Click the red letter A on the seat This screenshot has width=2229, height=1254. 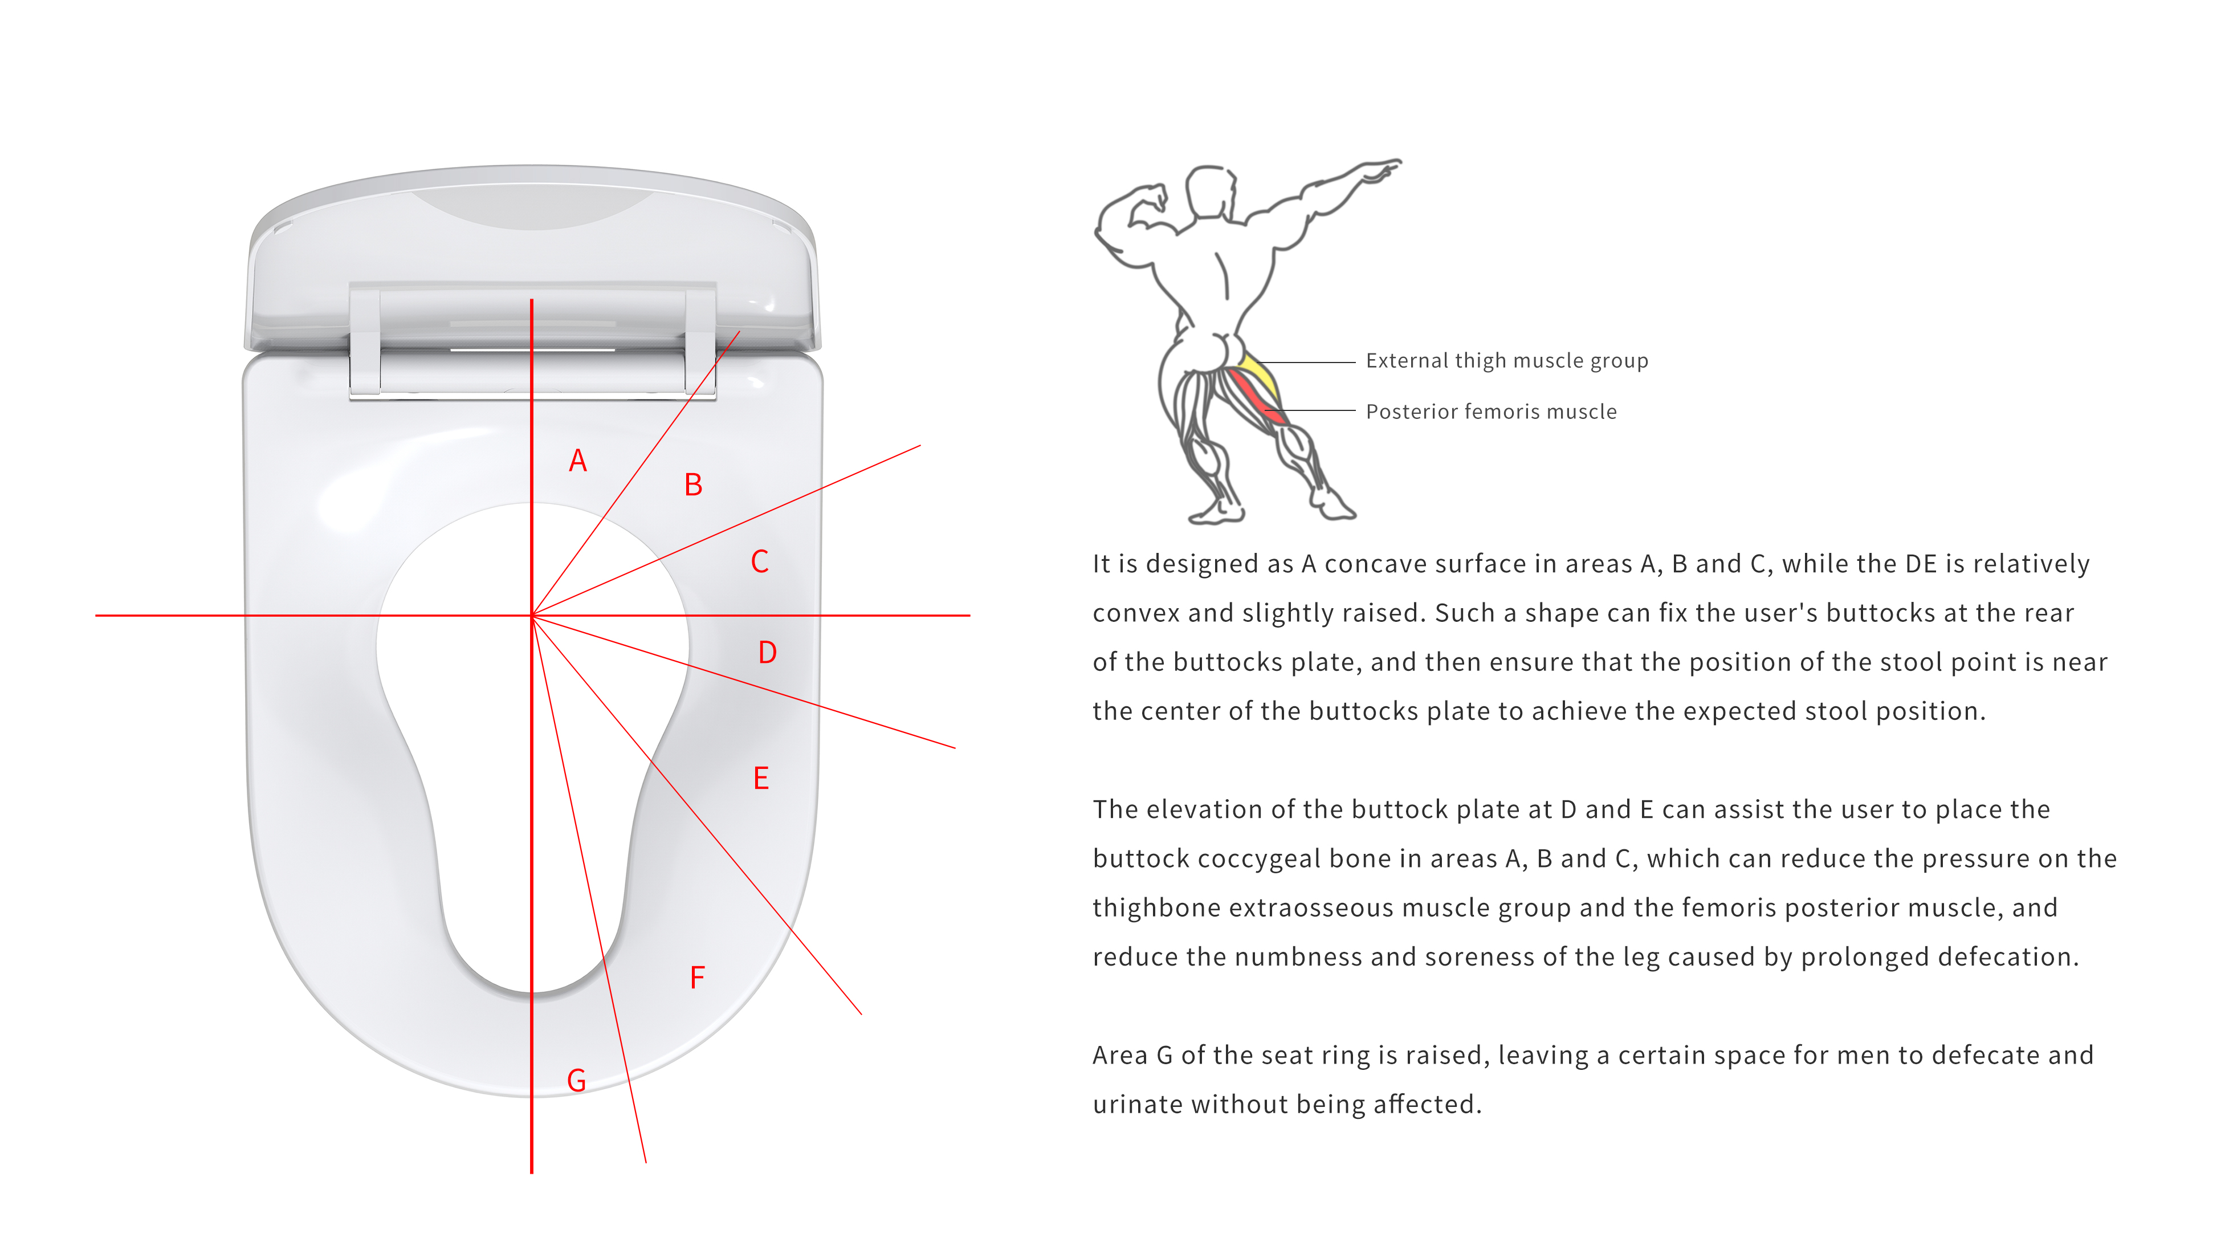(578, 461)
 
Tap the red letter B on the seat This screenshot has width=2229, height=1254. (693, 484)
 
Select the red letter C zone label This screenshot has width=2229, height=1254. (760, 561)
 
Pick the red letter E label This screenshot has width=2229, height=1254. (761, 778)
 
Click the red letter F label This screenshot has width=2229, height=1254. (698, 978)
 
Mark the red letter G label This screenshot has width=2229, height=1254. (576, 1080)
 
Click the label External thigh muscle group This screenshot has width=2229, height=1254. (1506, 361)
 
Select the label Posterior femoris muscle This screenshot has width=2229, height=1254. (1491, 412)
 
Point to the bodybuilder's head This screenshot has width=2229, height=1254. (1211, 192)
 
